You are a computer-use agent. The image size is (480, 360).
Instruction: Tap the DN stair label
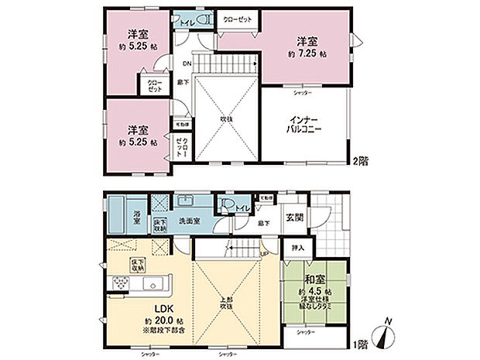click(187, 63)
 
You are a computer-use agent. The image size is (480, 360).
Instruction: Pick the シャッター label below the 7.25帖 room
click(303, 92)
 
